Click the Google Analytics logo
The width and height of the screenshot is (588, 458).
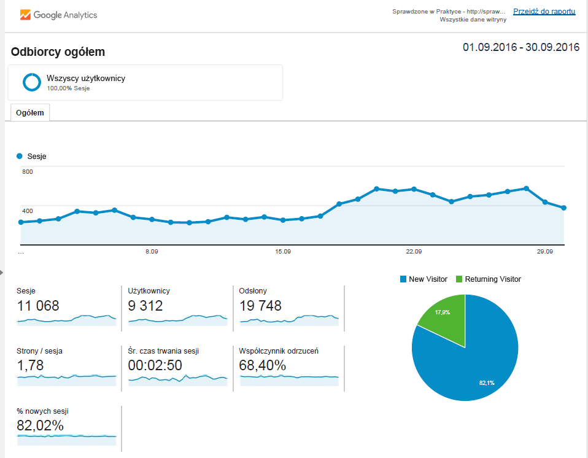pyautogui.click(x=58, y=15)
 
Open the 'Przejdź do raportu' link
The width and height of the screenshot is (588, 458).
pyautogui.click(x=544, y=11)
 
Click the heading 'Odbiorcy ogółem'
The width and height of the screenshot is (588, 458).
pyautogui.click(x=58, y=52)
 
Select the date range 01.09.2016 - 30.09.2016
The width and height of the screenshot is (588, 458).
pyautogui.click(x=521, y=47)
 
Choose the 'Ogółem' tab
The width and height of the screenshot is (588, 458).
pyautogui.click(x=30, y=112)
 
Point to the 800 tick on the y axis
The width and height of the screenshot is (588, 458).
pyautogui.click(x=28, y=172)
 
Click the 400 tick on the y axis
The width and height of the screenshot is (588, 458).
pyautogui.click(x=28, y=211)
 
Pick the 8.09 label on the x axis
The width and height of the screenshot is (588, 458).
pyautogui.click(x=152, y=251)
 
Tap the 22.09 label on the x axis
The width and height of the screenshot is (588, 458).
pyautogui.click(x=414, y=251)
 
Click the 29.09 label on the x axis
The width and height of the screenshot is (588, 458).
pyautogui.click(x=544, y=251)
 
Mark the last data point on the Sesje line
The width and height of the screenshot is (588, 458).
pyautogui.click(x=563, y=208)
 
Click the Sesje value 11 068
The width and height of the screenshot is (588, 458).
pyautogui.click(x=38, y=306)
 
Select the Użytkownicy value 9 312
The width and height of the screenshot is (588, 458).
pyautogui.click(x=145, y=306)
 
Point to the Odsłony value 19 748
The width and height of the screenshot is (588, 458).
pyautogui.click(x=260, y=306)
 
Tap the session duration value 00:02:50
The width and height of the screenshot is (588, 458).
pyautogui.click(x=155, y=365)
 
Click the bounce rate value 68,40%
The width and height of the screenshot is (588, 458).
pyautogui.click(x=263, y=365)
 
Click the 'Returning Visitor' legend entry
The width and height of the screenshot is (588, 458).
pyautogui.click(x=488, y=279)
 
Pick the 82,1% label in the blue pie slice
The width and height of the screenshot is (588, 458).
pyautogui.click(x=487, y=382)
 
